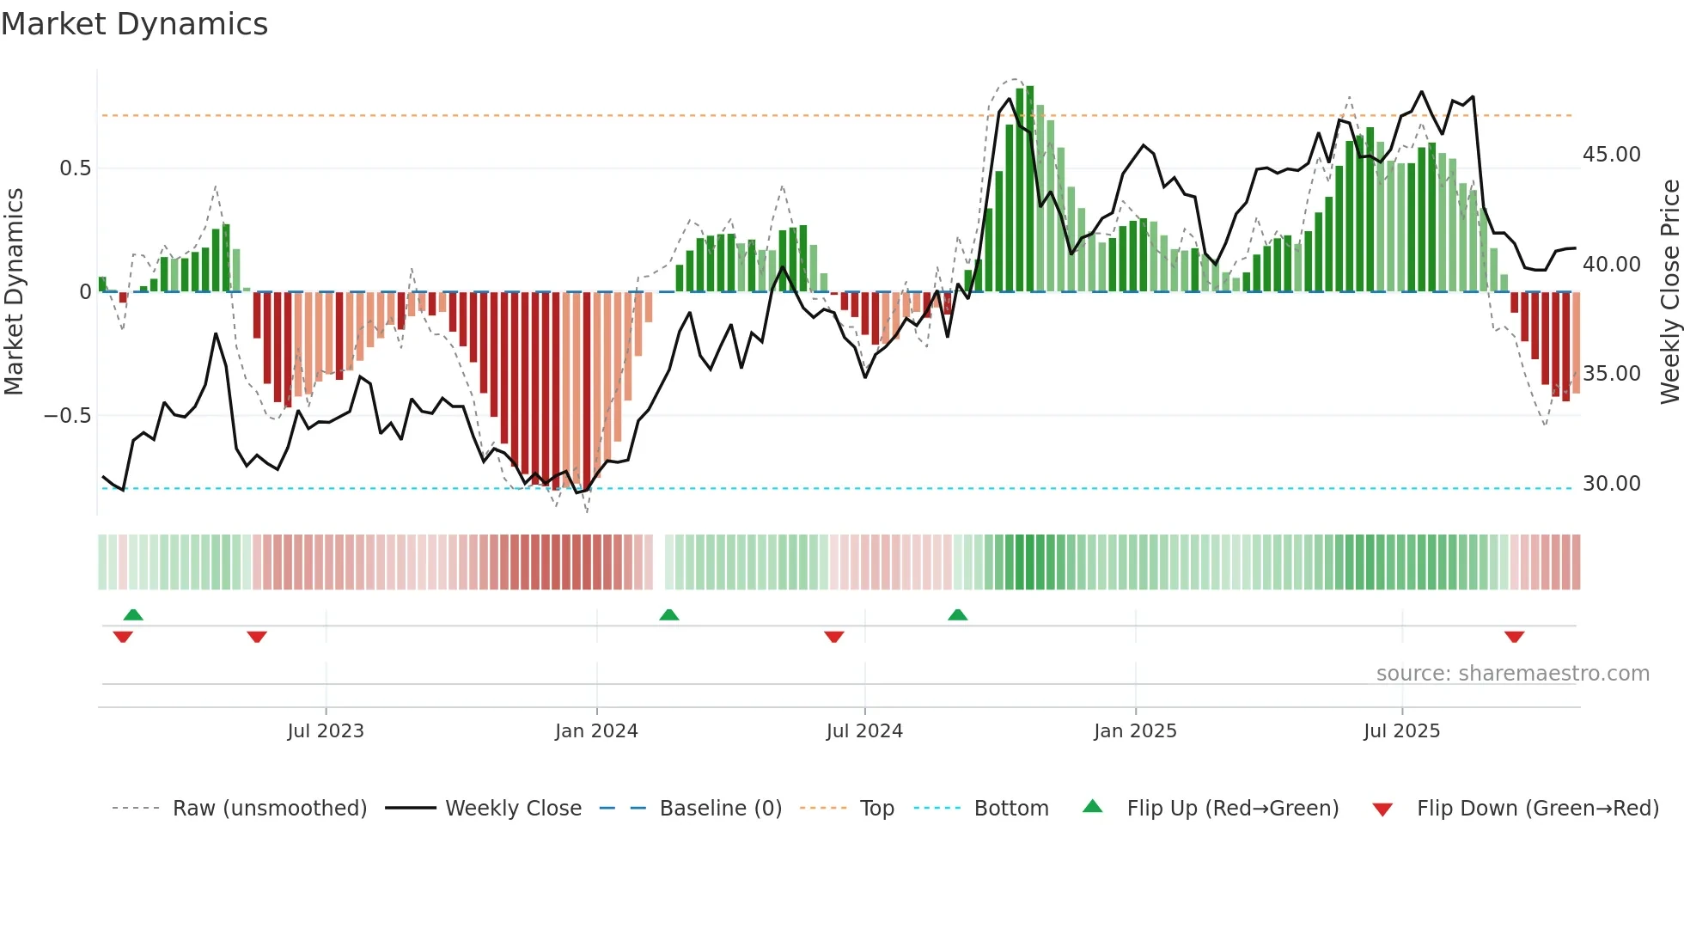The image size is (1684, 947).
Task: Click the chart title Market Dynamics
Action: pos(135,24)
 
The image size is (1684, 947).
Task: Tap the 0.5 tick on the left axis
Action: pos(76,168)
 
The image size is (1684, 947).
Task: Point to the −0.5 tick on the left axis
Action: pos(68,416)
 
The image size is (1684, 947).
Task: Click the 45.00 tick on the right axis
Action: pos(1611,155)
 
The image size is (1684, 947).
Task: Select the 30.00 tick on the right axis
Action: pos(1611,484)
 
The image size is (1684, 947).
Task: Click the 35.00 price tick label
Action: pos(1611,374)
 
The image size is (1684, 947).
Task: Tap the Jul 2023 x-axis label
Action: pos(326,731)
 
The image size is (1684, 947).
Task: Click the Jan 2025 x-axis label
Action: pos(1135,731)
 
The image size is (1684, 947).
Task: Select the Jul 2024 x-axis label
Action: pos(864,731)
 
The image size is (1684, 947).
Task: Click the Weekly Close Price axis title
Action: pos(1669,292)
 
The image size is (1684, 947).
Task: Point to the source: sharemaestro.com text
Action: pos(1512,674)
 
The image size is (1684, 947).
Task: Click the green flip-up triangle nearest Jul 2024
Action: pos(957,614)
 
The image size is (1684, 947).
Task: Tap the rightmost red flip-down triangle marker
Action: pos(1514,637)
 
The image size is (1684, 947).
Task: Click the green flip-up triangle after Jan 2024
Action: pos(668,614)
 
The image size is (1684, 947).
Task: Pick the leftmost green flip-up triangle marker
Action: pos(133,614)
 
